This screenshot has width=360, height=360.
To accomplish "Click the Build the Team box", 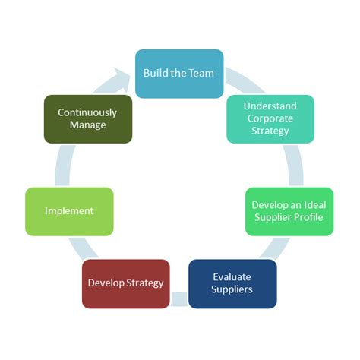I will click(x=179, y=74).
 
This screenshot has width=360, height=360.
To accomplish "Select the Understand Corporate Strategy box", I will click(x=270, y=118).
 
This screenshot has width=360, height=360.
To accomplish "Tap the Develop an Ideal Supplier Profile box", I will click(x=289, y=211).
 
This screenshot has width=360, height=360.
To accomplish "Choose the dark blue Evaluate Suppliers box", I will click(x=232, y=283).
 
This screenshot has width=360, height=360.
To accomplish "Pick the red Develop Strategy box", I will click(x=125, y=283).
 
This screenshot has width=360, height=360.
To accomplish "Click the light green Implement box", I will click(x=69, y=211).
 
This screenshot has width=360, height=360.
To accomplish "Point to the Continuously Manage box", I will click(x=88, y=118).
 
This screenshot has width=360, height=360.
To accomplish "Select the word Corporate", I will click(x=270, y=118).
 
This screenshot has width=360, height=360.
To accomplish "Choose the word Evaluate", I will click(x=232, y=276).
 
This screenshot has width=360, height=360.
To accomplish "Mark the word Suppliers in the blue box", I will click(x=232, y=289).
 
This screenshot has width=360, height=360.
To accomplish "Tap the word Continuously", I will click(x=88, y=112).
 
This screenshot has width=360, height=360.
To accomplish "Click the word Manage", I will click(x=88, y=125).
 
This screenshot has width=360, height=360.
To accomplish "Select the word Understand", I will click(x=270, y=106).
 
